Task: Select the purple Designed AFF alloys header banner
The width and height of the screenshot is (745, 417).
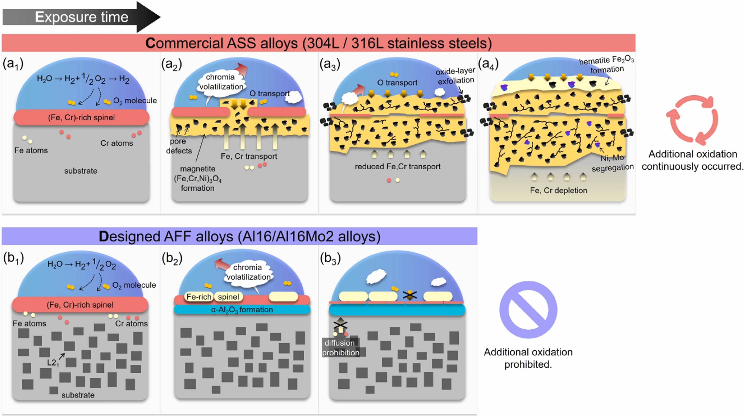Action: pyautogui.click(x=239, y=236)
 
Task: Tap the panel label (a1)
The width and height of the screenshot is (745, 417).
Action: pyautogui.click(x=13, y=64)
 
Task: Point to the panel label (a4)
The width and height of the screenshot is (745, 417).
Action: pyautogui.click(x=488, y=64)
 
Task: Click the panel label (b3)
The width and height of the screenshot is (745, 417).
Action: pyautogui.click(x=330, y=258)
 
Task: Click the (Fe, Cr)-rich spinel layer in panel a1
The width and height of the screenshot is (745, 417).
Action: pyautogui.click(x=81, y=117)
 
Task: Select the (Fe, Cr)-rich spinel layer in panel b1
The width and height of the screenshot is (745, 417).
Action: pyautogui.click(x=80, y=305)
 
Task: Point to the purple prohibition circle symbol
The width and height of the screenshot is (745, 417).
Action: pyautogui.click(x=528, y=309)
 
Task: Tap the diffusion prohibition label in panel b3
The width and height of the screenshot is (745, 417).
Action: pyautogui.click(x=341, y=348)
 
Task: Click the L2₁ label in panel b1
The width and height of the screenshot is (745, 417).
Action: pyautogui.click(x=53, y=363)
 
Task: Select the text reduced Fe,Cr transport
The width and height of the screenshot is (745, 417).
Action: pyautogui.click(x=398, y=167)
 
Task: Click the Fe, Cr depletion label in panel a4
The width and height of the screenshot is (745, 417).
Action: pyautogui.click(x=559, y=190)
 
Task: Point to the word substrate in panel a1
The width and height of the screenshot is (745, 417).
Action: pyautogui.click(x=81, y=171)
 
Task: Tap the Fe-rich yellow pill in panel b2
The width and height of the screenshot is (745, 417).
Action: pyautogui.click(x=199, y=297)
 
